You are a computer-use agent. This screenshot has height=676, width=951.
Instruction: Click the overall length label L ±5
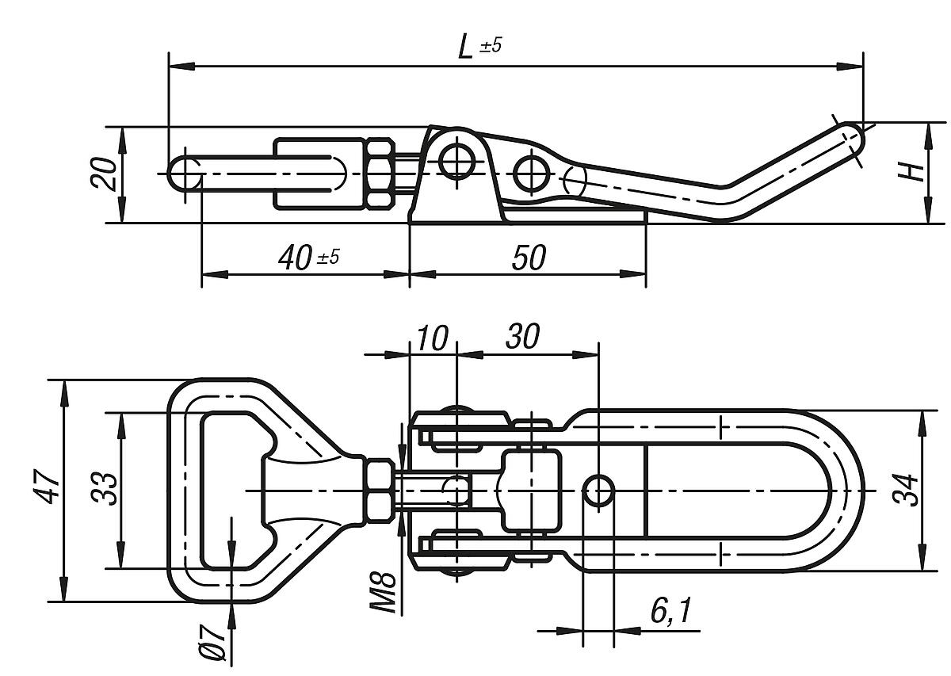(479, 46)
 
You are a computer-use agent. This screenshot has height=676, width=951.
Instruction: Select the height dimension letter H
(915, 170)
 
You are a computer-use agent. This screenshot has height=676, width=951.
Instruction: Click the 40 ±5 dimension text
(308, 258)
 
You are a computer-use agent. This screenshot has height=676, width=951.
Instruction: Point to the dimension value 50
(528, 258)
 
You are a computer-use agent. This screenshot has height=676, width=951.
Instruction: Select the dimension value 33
(105, 489)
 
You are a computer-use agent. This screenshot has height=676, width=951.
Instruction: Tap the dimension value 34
(907, 491)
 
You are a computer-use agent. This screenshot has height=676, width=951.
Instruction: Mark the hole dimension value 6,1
(670, 611)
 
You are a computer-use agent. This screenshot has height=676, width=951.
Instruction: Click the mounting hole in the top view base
(599, 491)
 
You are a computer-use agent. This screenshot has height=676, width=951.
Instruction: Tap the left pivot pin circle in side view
(456, 162)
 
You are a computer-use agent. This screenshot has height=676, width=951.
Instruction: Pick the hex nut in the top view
(379, 491)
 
